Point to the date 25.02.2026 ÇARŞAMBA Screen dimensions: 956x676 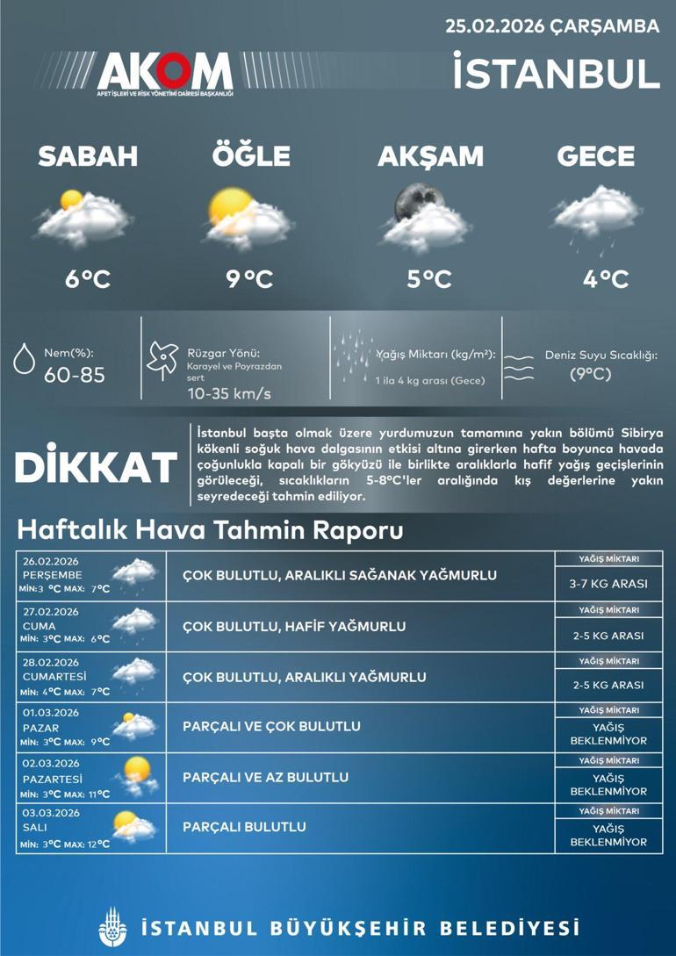552,26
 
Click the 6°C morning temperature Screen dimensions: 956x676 88,279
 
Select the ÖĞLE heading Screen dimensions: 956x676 250,156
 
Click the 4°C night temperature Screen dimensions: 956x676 606,279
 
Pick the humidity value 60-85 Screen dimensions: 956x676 75,376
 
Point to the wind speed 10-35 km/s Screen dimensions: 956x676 229,393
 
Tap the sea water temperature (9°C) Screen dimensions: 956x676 590,374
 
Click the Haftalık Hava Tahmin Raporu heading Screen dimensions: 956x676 210,531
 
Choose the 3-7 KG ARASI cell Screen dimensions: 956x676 608,584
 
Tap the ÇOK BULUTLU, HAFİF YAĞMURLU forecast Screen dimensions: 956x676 294,627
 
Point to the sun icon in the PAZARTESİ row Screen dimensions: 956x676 138,768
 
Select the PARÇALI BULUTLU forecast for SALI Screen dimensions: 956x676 244,827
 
